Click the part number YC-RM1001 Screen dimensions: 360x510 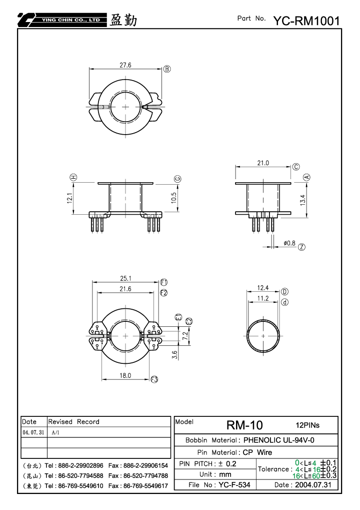point(306,21)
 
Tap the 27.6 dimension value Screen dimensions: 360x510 point(125,65)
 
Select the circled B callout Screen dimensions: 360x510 point(166,69)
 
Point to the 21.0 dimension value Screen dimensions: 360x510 point(263,163)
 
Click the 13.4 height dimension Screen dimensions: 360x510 point(303,200)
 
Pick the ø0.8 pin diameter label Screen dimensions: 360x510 point(289,243)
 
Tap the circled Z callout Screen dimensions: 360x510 point(302,247)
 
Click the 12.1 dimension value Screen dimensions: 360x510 point(70,198)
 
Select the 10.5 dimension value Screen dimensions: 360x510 point(174,198)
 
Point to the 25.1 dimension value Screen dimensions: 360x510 point(125,278)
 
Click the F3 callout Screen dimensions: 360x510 point(154,379)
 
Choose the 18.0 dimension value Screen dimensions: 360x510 point(125,375)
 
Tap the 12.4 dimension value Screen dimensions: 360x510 point(263,288)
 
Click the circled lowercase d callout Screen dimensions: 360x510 point(284,302)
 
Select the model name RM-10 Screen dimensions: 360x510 point(244,425)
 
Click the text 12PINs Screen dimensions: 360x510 point(307,425)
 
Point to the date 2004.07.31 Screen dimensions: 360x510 point(313,485)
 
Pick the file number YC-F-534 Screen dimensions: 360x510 point(234,485)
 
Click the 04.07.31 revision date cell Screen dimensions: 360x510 point(33,432)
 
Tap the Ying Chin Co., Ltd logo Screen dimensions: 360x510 point(62,20)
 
